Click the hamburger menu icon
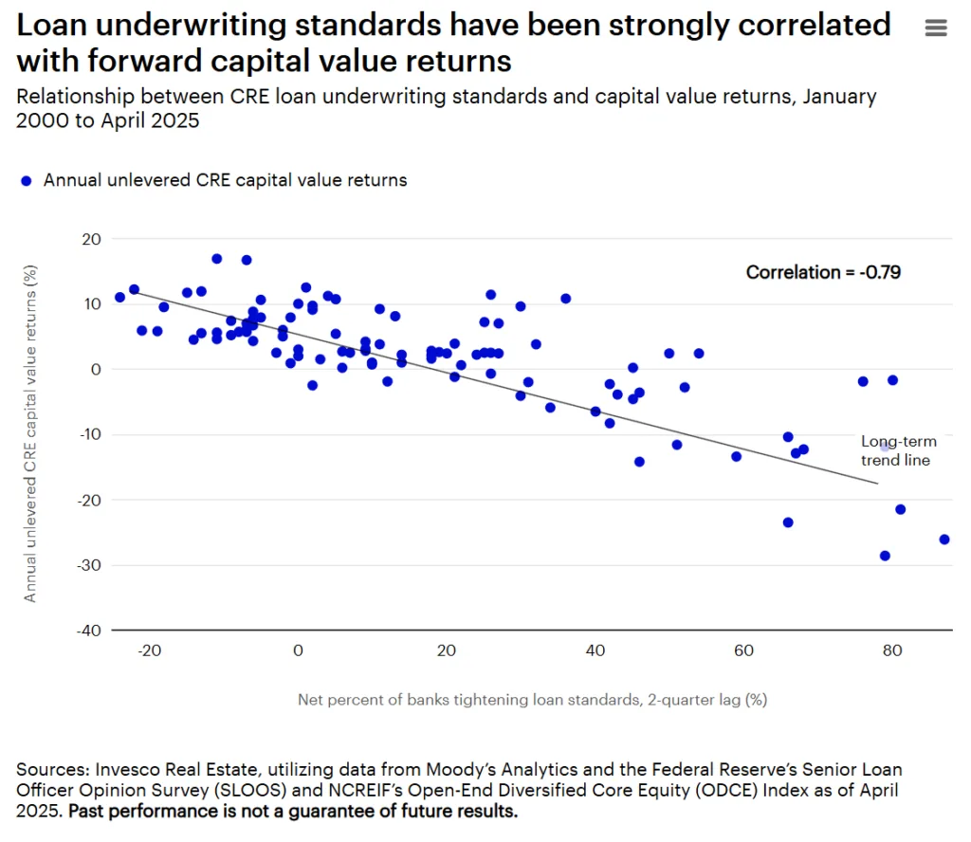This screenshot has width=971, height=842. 935,28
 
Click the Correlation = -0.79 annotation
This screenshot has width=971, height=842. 823,272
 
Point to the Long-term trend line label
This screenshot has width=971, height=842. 898,450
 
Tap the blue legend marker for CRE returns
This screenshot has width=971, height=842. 27,180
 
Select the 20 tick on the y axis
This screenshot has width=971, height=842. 91,239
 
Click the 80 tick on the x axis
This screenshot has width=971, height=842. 891,650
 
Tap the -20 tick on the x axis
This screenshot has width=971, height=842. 149,650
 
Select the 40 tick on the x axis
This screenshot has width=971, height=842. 595,650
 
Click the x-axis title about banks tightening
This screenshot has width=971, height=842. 532,701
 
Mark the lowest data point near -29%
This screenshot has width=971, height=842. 885,556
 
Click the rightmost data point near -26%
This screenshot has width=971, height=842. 944,540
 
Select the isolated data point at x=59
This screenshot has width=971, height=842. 736,456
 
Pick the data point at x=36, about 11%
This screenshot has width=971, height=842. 565,299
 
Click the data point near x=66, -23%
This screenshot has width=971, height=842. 788,522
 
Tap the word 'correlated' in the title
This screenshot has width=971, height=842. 815,24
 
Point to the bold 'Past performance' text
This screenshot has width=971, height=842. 127,812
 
